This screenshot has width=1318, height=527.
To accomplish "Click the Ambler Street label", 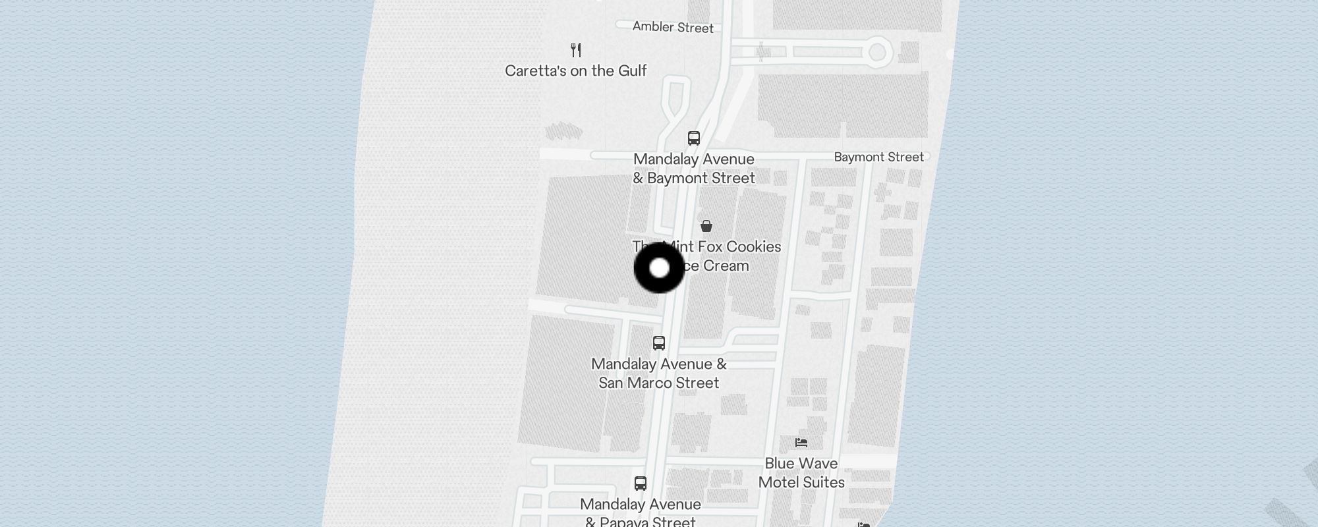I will tap(673, 27).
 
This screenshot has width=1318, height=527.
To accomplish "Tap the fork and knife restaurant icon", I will tap(576, 50).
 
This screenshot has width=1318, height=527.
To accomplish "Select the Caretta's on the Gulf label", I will tap(575, 70).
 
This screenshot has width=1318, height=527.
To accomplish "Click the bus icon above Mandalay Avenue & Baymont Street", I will tap(693, 138).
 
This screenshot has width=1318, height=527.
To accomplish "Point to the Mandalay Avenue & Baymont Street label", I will tap(694, 169).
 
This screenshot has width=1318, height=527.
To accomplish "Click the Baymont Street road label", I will tap(878, 157).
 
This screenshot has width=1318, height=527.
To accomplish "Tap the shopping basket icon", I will tap(706, 226).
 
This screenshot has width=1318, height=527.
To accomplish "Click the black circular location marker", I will tap(659, 268).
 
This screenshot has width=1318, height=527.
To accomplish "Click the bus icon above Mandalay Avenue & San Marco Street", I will tap(659, 343).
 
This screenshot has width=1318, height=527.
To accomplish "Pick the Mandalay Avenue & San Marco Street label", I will tap(659, 374).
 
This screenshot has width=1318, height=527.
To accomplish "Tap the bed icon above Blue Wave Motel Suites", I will tap(801, 443).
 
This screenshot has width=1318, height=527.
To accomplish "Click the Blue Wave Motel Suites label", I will tap(801, 473).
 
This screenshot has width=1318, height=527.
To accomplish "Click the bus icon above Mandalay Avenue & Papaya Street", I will tap(640, 484).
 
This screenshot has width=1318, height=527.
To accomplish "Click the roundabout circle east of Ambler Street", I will tap(877, 52).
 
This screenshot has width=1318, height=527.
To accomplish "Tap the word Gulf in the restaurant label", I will tap(632, 70).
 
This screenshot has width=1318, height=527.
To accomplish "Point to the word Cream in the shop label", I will tap(726, 265).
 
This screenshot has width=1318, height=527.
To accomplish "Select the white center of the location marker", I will tap(659, 268).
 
